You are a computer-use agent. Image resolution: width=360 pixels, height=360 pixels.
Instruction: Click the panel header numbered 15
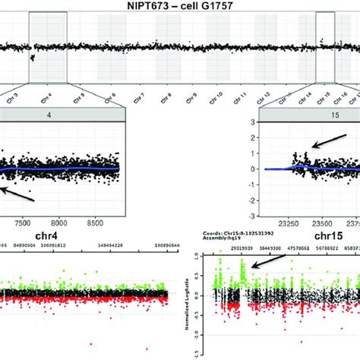308,117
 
